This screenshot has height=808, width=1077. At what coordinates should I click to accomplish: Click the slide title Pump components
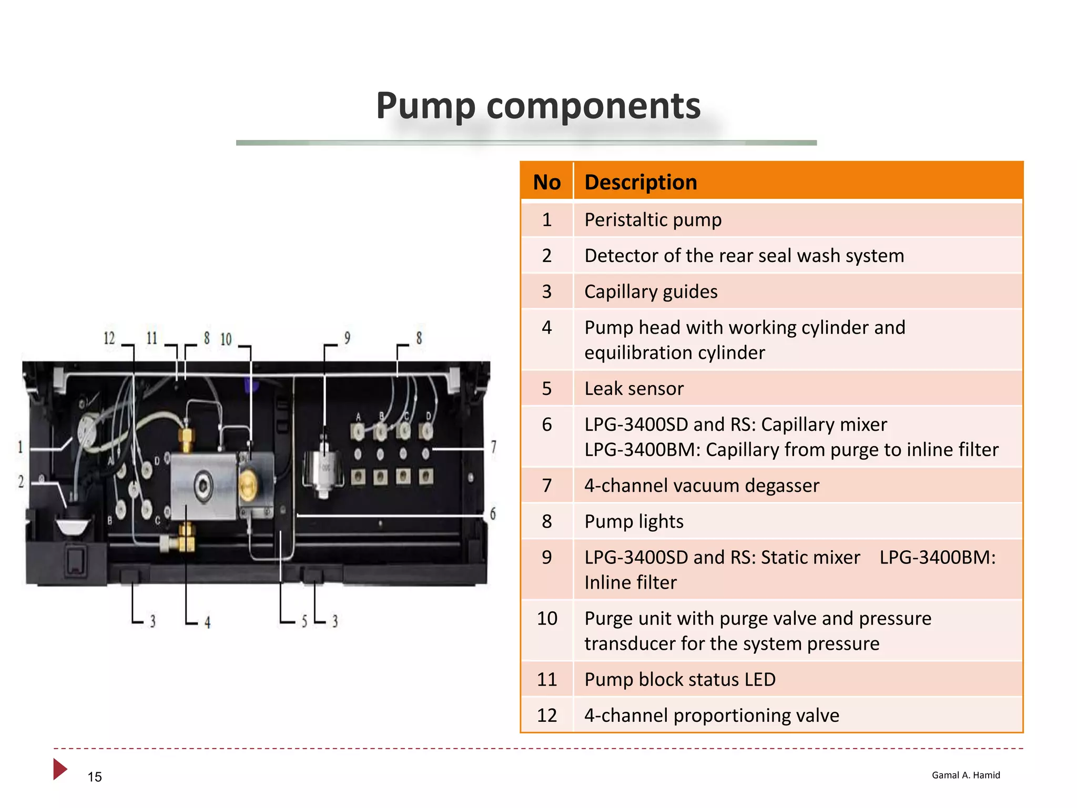pos(538,106)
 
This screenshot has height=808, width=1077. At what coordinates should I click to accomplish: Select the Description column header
pos(641,183)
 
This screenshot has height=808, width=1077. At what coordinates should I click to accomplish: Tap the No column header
pos(546,183)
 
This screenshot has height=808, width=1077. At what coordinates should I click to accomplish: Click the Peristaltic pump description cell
pos(653,220)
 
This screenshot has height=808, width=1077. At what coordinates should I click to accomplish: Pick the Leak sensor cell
pos(634,389)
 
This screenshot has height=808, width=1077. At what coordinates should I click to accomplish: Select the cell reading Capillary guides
pos(651,292)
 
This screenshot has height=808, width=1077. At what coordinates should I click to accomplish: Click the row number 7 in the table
pos(546,486)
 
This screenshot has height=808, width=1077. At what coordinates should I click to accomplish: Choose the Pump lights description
pos(634,522)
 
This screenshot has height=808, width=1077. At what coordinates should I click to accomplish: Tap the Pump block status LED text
pos(679,680)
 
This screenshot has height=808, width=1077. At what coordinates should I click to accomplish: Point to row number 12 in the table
pos(546,715)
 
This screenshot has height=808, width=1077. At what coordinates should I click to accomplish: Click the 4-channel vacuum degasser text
pos(702,486)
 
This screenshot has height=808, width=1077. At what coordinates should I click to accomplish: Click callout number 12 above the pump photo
pos(109,338)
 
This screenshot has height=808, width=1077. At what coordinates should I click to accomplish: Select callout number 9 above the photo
pos(347,338)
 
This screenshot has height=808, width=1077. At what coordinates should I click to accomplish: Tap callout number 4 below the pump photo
pos(208,623)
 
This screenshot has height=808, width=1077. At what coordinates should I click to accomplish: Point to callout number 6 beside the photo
pos(493,514)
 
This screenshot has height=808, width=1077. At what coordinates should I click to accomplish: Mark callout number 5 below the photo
pos(304,622)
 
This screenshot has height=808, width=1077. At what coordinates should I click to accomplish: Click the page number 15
pos(95,777)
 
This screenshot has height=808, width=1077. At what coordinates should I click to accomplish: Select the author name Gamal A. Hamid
pos(966,775)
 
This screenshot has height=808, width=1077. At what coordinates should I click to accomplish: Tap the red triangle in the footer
pos(59,769)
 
